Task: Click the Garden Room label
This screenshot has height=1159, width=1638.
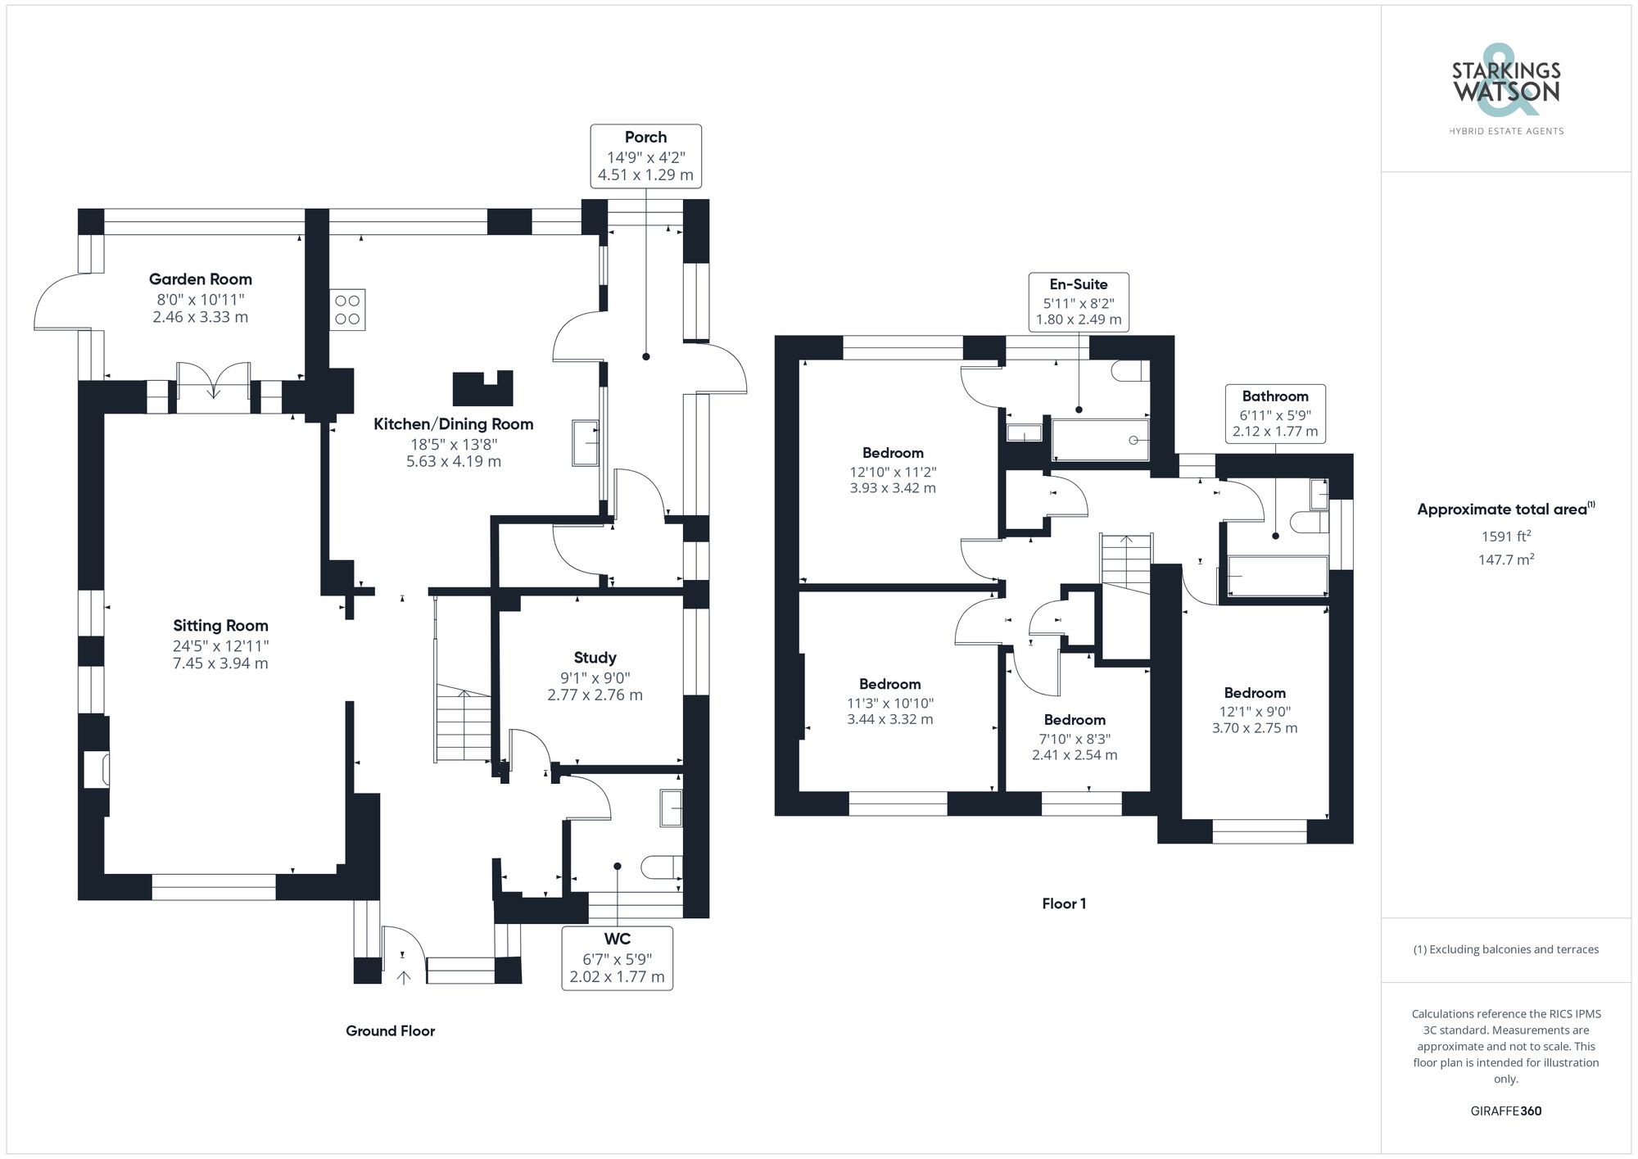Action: coord(201,279)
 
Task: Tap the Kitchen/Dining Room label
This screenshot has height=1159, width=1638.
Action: coord(454,424)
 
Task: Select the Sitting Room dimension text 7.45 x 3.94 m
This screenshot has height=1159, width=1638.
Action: coord(220,663)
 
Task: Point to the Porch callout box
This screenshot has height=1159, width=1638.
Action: coord(645,156)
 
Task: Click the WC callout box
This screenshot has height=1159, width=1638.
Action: coord(618,958)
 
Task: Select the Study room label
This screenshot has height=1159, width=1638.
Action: coord(595,658)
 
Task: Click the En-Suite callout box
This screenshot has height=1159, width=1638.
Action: coord(1079,301)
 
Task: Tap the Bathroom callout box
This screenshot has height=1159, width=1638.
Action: coord(1275,414)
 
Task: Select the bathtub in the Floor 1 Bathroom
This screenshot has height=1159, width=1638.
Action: coord(1277,576)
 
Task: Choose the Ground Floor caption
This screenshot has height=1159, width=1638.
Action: coord(390,1031)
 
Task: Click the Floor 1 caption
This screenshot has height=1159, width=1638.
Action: coord(1064,904)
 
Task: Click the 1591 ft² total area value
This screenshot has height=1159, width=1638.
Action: coord(1505,537)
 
